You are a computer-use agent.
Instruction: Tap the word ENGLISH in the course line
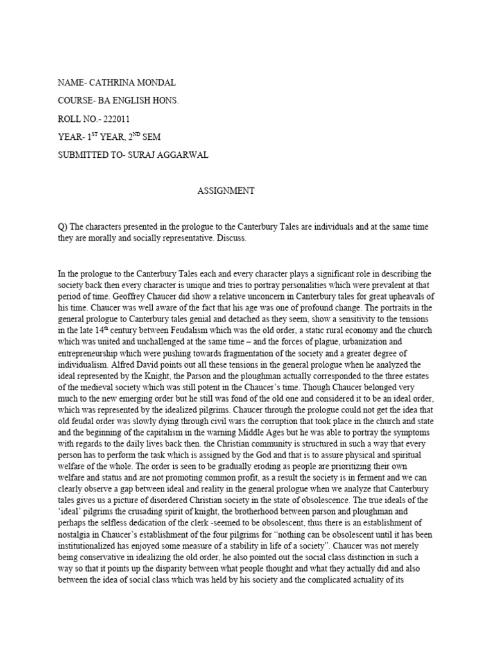pyautogui.click(x=133, y=101)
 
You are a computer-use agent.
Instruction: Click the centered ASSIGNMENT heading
pyautogui.click(x=225, y=191)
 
